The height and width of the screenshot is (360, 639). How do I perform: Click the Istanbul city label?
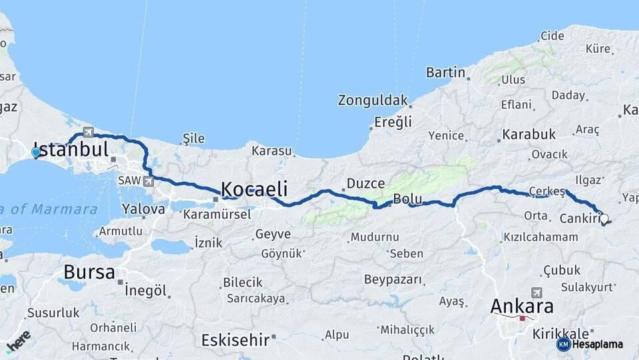pos(71,149)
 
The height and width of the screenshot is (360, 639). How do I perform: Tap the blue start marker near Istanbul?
pos(36,153)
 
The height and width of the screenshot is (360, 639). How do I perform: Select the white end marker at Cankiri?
pos(604,217)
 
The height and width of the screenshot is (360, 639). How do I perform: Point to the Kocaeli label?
pos(254,188)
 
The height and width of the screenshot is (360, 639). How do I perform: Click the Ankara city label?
pos(522,306)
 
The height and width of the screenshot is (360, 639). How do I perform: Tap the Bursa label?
pos(89,272)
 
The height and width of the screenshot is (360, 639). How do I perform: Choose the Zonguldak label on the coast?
pos(372,101)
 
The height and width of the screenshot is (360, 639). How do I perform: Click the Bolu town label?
pos(408,199)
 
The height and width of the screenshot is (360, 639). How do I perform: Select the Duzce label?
pos(365,183)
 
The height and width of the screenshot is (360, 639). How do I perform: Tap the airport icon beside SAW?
pos(148,181)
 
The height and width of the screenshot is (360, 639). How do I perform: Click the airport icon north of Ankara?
pos(536,293)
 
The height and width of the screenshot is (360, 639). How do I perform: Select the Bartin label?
pos(445,72)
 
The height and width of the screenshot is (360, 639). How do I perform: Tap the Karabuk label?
pos(529,135)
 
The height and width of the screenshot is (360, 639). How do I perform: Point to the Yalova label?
pos(143,209)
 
